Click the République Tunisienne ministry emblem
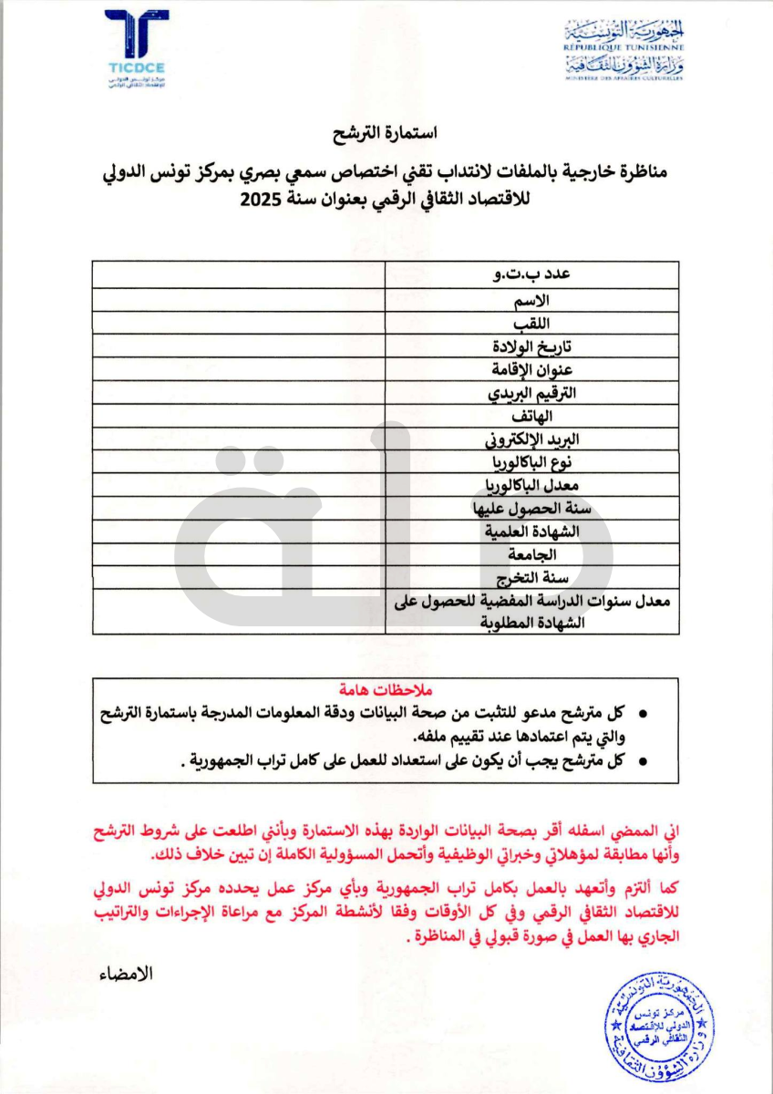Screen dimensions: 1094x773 point(624,49)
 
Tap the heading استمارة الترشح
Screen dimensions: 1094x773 point(386,133)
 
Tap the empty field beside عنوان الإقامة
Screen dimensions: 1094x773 point(238,371)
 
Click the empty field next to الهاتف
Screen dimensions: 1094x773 point(238,418)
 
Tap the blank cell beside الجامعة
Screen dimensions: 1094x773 point(238,554)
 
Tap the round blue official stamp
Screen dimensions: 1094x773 point(660,1029)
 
